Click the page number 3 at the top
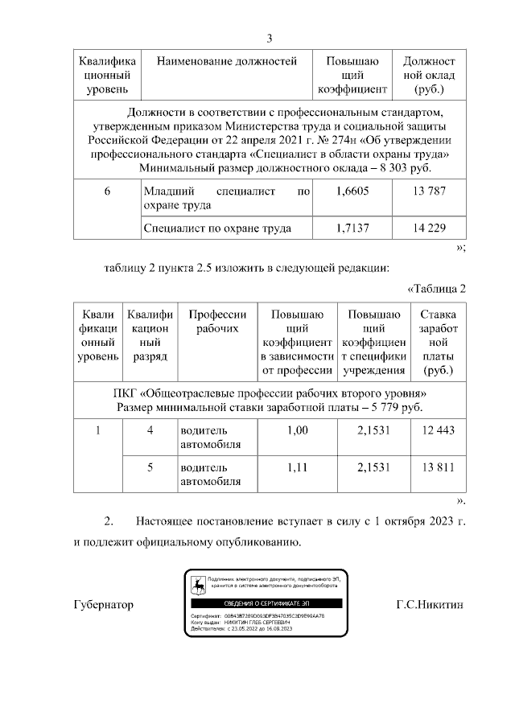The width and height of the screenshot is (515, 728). [270, 39]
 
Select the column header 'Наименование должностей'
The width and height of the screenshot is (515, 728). [226, 61]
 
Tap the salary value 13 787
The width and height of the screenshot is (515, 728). [428, 192]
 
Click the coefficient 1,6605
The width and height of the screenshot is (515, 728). [350, 192]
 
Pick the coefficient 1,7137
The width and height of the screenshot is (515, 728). [350, 228]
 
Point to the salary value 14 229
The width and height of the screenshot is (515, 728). [428, 228]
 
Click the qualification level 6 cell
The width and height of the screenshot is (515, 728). [107, 192]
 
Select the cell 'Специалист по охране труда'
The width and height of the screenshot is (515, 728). [216, 228]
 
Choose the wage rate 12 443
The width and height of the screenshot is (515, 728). [438, 430]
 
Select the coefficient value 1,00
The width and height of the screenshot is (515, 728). [297, 430]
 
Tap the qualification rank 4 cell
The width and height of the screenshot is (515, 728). [149, 430]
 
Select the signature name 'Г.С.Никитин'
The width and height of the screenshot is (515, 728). [431, 604]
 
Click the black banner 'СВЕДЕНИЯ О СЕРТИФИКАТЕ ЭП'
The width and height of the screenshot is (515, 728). [266, 603]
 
